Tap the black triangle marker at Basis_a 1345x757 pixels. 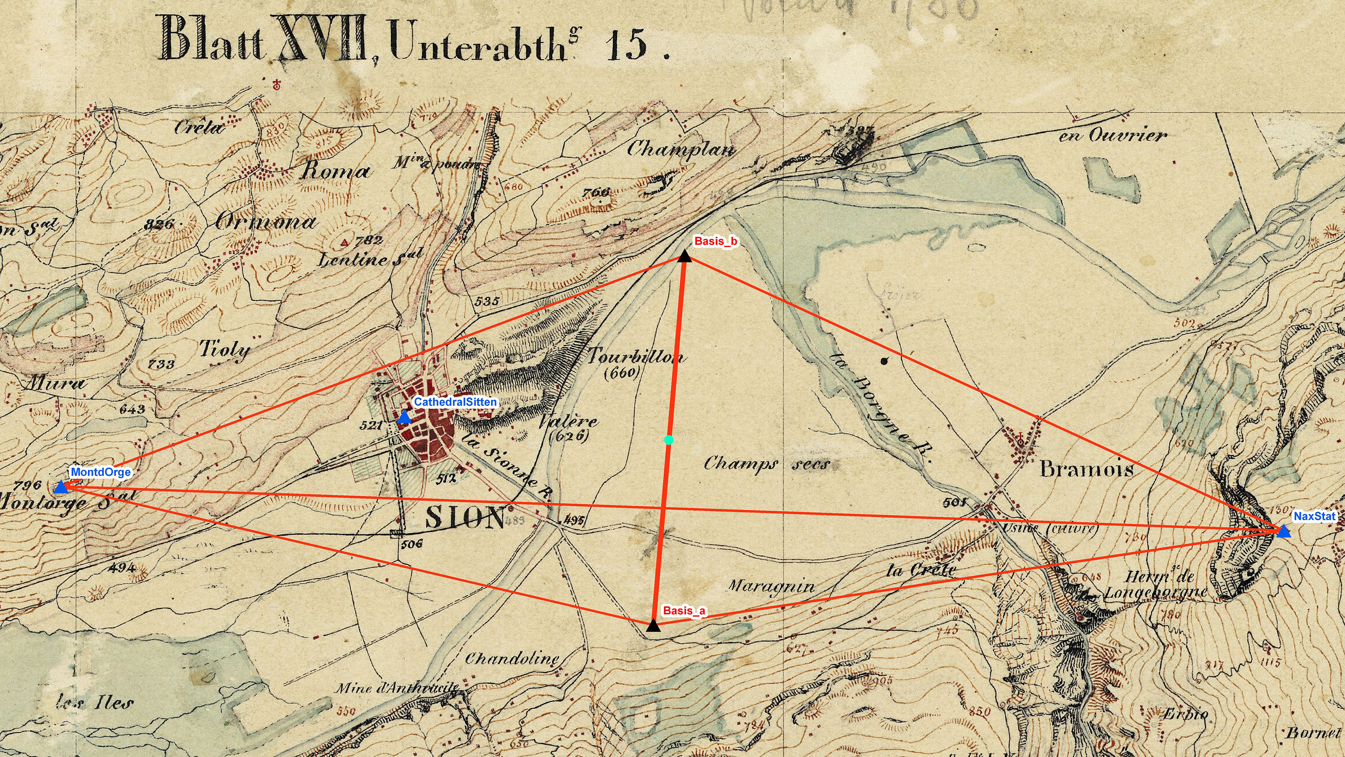(653, 625)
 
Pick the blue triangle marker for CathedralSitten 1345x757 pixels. (404, 418)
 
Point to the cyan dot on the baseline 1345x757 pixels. (669, 440)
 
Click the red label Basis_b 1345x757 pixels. (715, 241)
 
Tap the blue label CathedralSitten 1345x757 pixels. (455, 402)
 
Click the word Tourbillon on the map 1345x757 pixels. (636, 356)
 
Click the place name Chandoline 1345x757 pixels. (512, 658)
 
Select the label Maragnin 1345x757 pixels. (771, 586)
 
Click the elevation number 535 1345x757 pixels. (487, 301)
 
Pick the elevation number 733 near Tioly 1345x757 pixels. (161, 364)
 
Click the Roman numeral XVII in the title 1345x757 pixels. (321, 39)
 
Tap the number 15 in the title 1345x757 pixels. (627, 45)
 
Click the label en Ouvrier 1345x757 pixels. (1113, 135)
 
